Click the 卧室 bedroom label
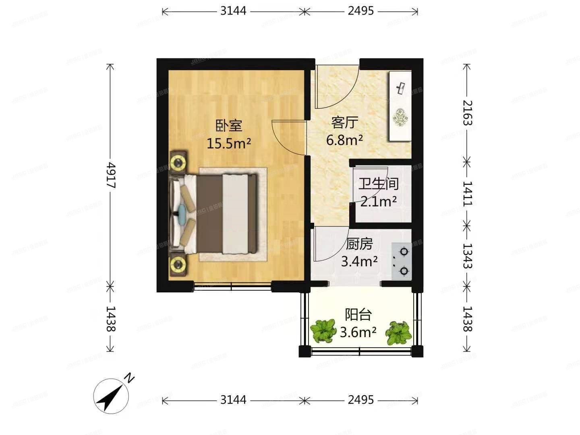(x=229, y=126)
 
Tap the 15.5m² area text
(x=229, y=143)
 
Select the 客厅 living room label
(x=344, y=122)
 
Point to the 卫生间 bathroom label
(x=378, y=184)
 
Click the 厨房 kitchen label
(x=359, y=244)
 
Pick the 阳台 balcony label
(x=358, y=314)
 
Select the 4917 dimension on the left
(x=111, y=176)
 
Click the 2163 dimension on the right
(x=467, y=113)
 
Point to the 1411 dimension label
(x=467, y=193)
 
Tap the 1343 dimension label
(x=467, y=256)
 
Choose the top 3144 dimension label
(x=233, y=11)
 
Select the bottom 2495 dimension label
(x=361, y=400)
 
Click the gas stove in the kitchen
(x=402, y=261)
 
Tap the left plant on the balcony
(x=323, y=330)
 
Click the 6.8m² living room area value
(x=344, y=140)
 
